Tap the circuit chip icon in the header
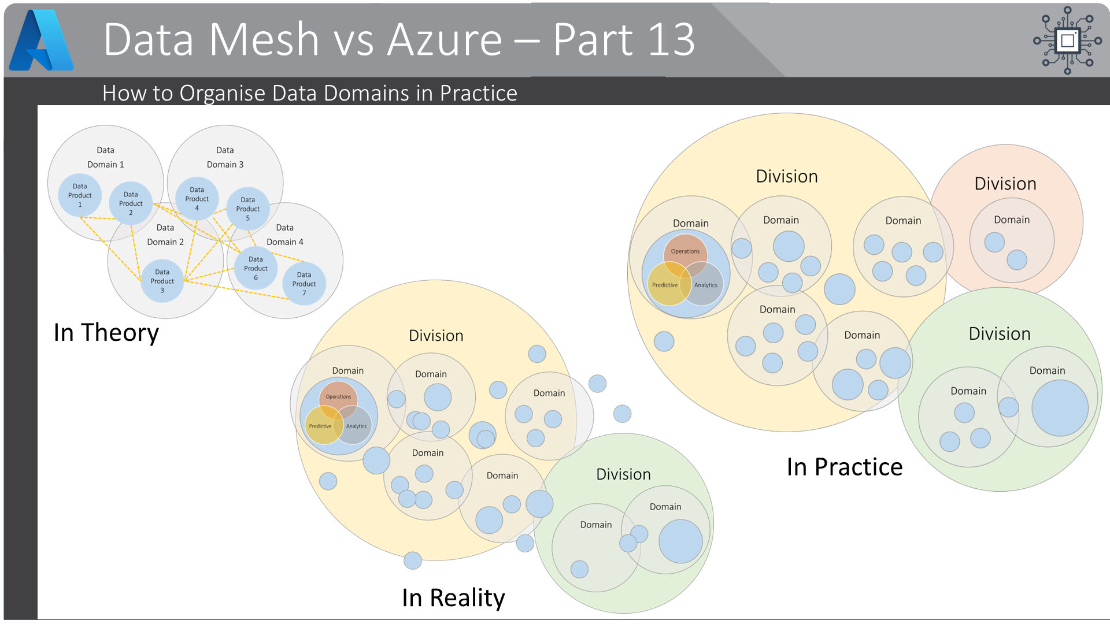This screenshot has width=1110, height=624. coord(1067,40)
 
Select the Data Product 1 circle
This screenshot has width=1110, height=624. coord(80,195)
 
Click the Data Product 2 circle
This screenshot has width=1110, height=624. coord(131,203)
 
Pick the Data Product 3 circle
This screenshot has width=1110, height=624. coord(162,281)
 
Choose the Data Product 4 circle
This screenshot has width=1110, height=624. coord(197,199)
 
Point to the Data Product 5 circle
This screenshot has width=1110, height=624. coord(248,209)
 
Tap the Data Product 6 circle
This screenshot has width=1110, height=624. coord(256,268)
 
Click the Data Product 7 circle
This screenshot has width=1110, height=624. coord(304,284)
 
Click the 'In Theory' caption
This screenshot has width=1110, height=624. coord(106,333)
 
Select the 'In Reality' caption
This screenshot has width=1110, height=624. coord(453,597)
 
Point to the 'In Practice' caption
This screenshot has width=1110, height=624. coord(845,467)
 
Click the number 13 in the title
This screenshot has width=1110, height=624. coord(671,39)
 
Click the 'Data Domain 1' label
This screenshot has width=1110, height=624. coord(106,157)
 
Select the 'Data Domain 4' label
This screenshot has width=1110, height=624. coord(285,235)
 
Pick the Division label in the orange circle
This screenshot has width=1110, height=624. coord(1005,184)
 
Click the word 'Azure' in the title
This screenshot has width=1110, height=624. coord(445,39)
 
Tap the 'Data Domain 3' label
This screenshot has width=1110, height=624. coord(225,157)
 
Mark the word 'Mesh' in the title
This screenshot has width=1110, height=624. coord(264,39)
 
